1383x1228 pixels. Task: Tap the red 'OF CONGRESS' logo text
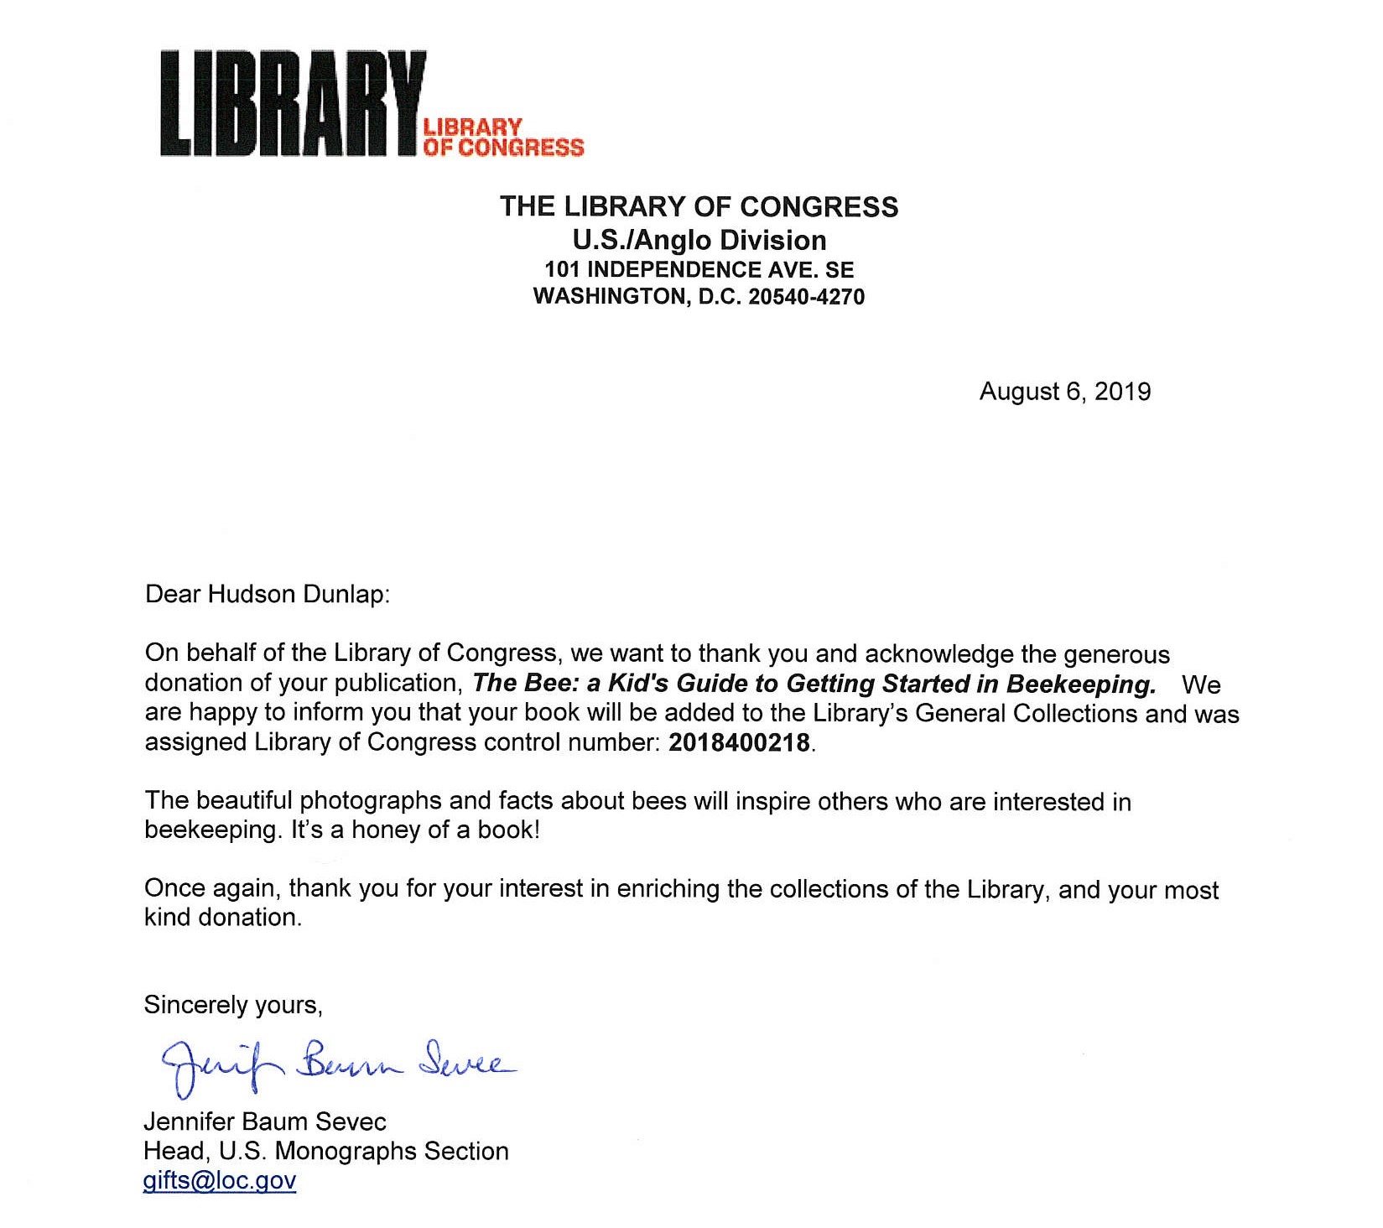tap(503, 148)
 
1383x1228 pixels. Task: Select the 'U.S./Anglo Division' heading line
tap(699, 241)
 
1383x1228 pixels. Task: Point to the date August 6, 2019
tap(1064, 392)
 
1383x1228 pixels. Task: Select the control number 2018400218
tap(739, 743)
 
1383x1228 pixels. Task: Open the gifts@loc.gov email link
tap(220, 1181)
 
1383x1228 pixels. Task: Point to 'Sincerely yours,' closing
tap(233, 1005)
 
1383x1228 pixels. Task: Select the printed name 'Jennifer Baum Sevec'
tap(265, 1121)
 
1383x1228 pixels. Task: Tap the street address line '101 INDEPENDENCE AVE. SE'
tap(699, 270)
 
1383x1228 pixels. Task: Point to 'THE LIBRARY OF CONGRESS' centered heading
tap(699, 207)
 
